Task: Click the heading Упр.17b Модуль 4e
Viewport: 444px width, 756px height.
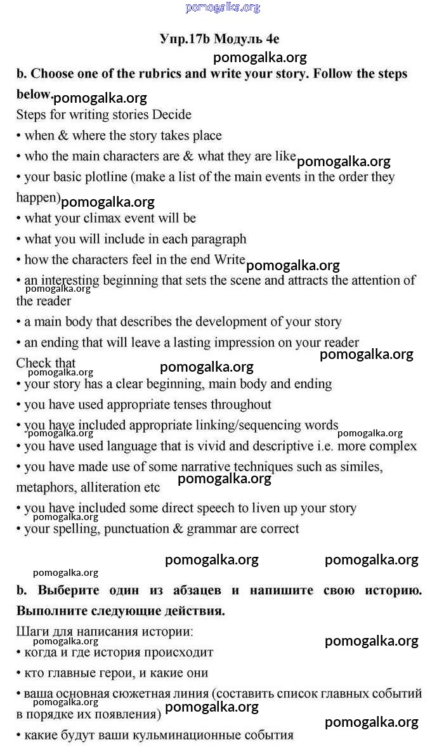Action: coord(219,39)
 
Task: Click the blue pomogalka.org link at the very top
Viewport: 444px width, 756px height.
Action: coord(223,8)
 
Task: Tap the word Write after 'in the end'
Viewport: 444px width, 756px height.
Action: coord(229,259)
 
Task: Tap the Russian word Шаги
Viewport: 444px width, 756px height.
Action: coord(32,632)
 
